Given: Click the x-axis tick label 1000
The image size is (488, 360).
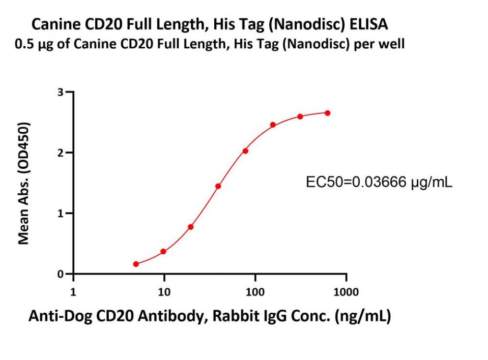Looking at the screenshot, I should tap(346, 292).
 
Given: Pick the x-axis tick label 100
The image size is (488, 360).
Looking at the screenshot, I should tap(255, 292).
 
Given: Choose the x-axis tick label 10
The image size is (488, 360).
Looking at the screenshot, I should tap(164, 292).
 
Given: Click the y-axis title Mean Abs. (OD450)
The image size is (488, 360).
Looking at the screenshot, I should tap(24, 183).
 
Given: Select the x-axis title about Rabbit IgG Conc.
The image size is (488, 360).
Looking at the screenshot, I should tap(209, 317).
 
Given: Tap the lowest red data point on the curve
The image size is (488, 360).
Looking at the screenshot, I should tap(136, 264).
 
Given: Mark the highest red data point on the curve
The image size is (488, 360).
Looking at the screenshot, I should tap(327, 113).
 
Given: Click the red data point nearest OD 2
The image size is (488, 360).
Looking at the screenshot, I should tap(245, 151).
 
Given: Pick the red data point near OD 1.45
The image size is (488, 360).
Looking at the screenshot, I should tap(218, 186).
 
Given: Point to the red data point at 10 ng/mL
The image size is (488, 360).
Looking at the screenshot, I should tap(163, 252).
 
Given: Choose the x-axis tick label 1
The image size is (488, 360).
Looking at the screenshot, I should tap(73, 292).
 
